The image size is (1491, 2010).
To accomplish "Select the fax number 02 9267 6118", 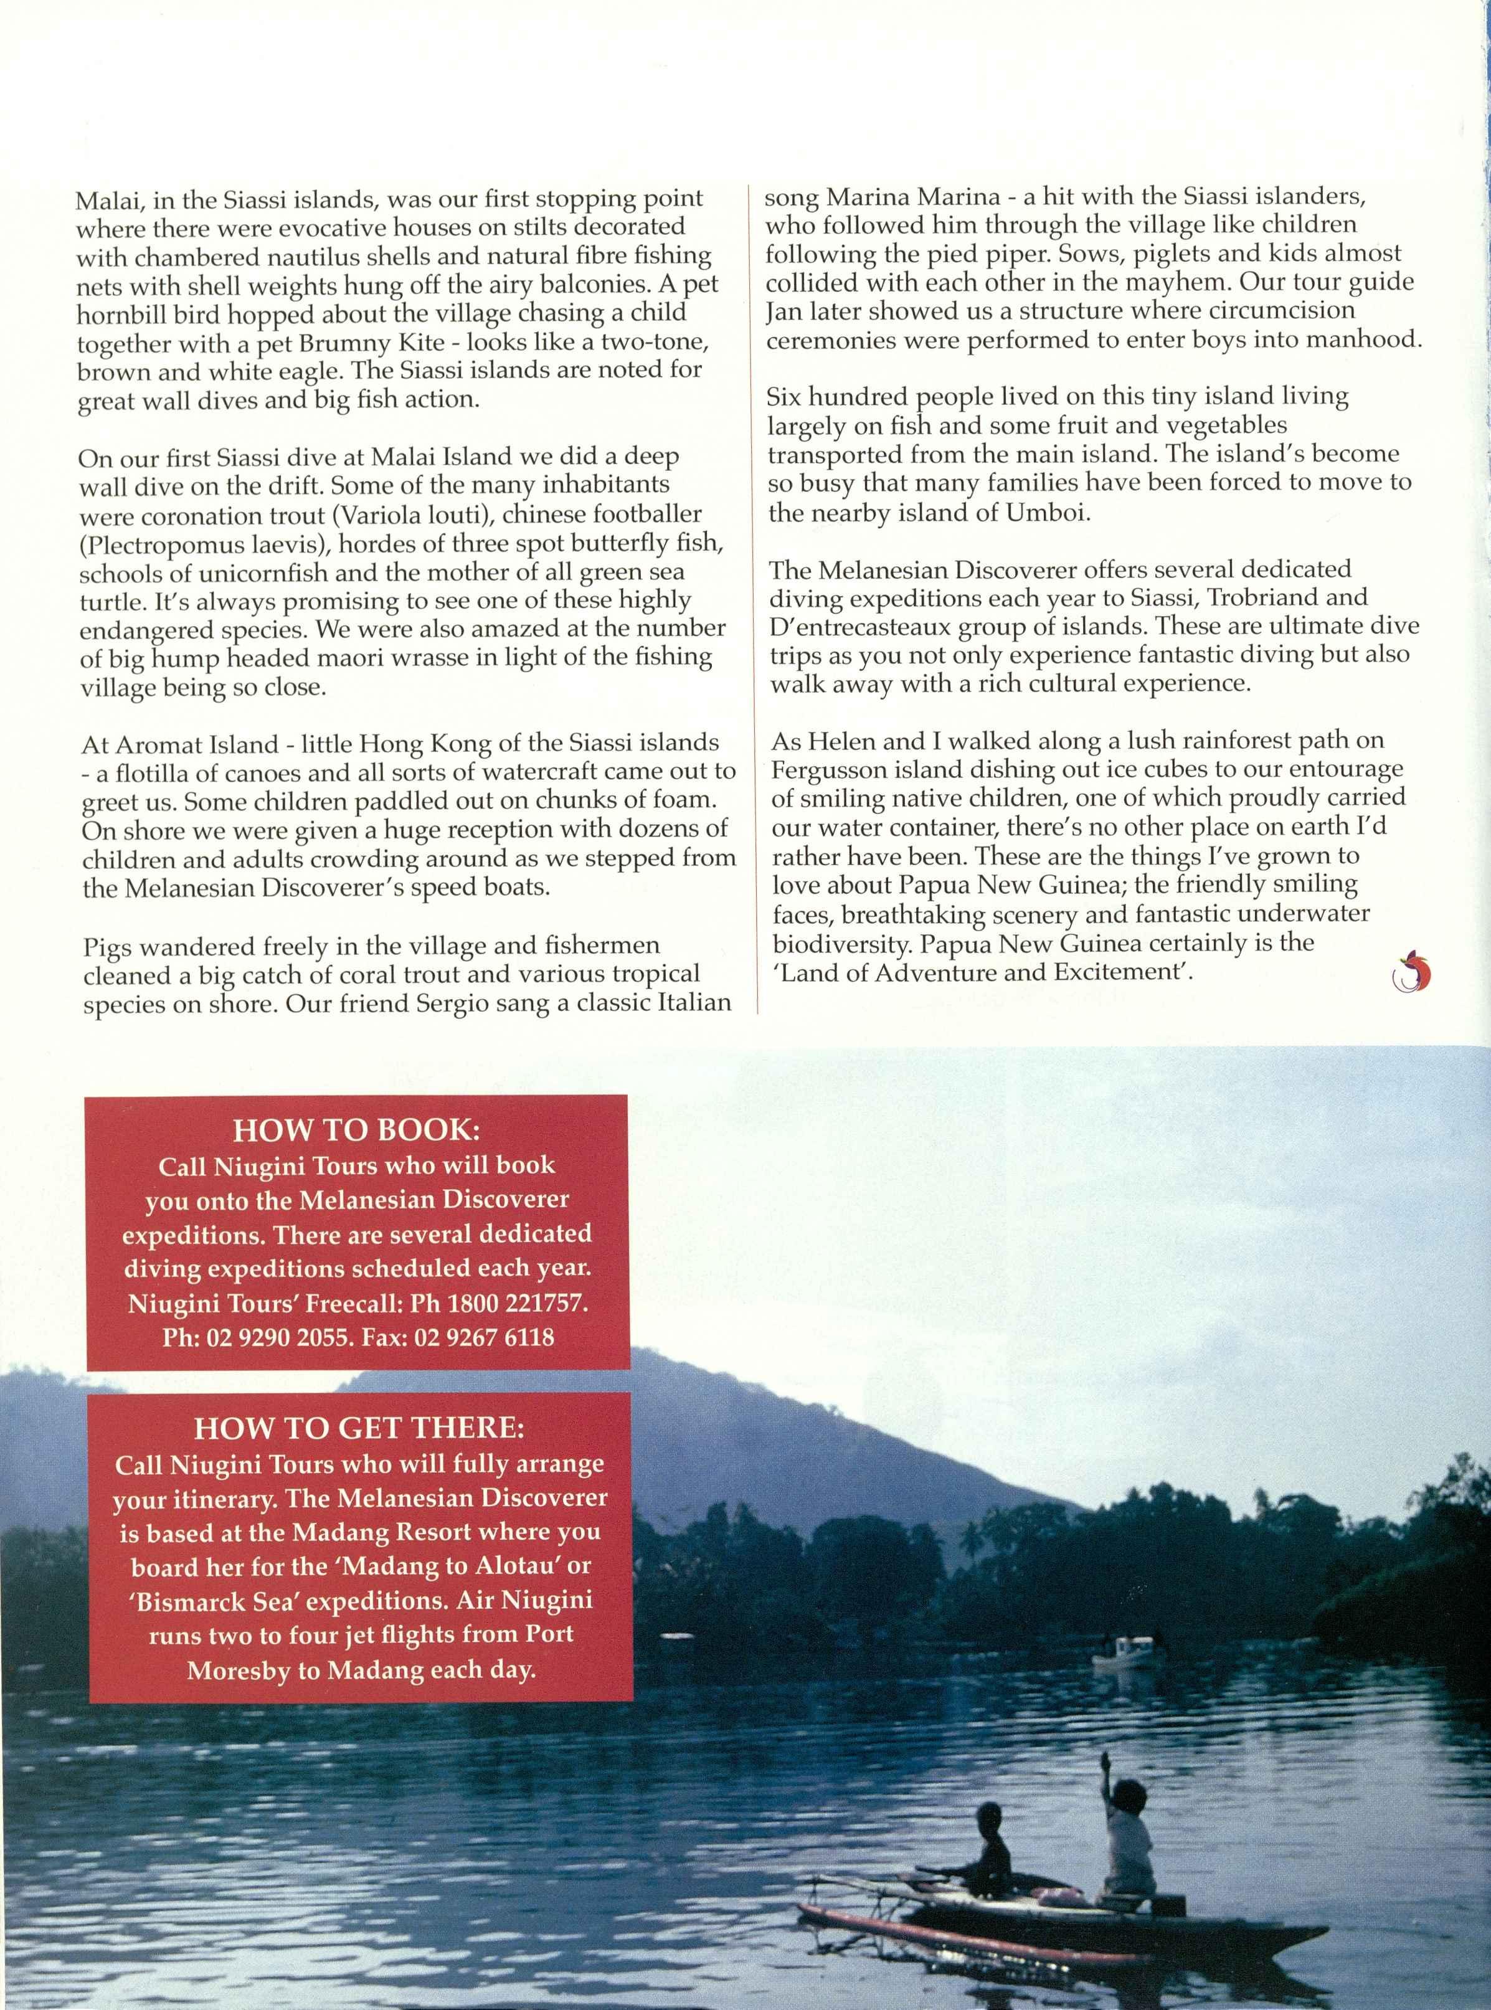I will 484,1337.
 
